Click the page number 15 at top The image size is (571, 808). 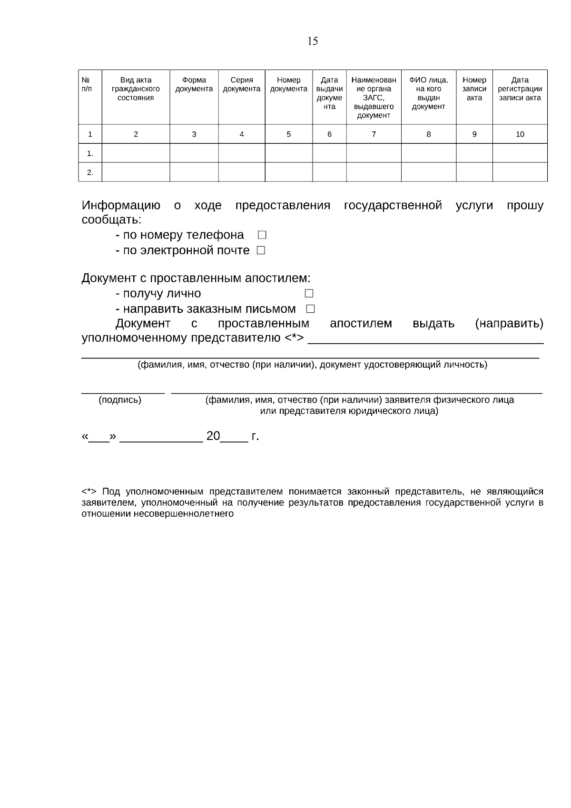point(313,41)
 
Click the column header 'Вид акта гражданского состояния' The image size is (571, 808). point(136,89)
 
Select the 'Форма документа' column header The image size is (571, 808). point(194,85)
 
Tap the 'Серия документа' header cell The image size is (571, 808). point(242,85)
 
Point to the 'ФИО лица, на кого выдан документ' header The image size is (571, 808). point(428,93)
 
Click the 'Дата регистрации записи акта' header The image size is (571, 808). point(520,89)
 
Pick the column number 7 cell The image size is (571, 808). point(374,134)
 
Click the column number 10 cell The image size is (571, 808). point(520,134)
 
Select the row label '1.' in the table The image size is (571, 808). point(90,153)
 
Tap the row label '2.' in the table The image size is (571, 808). point(90,172)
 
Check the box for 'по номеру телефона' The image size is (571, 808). point(262,235)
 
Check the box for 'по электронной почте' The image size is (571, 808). point(261,250)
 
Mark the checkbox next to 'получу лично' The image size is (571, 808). point(309,293)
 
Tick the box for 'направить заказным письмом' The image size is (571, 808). point(310,309)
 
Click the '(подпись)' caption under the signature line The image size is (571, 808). point(120,400)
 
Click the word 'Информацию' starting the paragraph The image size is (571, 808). point(121,206)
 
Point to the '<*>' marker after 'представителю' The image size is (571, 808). point(294,339)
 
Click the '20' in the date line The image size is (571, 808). point(213,436)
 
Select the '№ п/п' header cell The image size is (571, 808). point(87,85)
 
